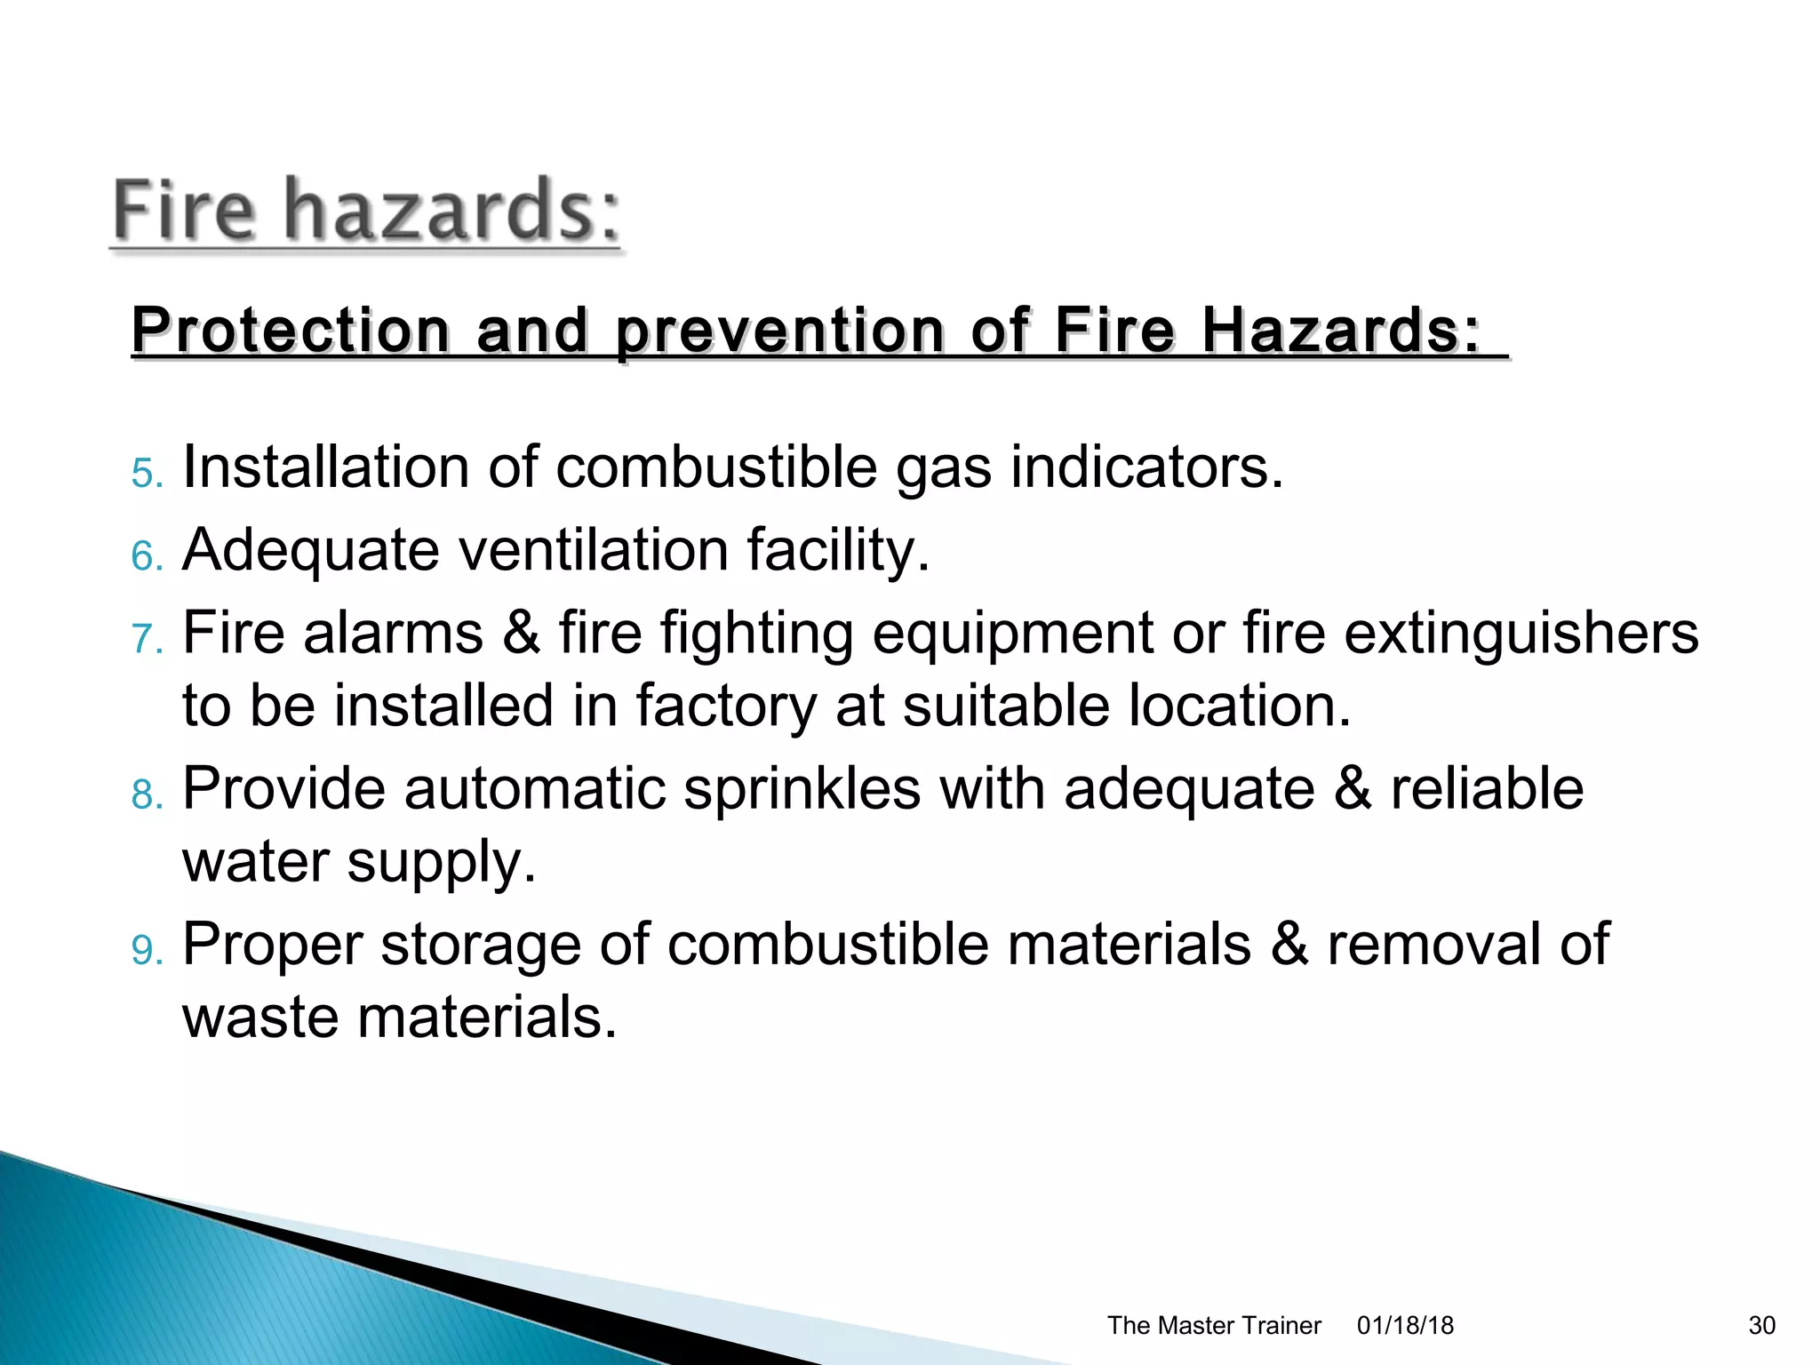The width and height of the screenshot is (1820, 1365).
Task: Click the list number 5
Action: pos(147,474)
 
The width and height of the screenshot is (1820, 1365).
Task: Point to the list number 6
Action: pos(147,557)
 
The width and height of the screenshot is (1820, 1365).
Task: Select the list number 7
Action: pos(147,639)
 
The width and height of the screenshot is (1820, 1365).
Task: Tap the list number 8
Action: pos(147,794)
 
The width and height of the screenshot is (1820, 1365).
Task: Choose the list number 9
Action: pos(147,950)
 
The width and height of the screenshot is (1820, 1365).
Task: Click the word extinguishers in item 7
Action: pos(1521,633)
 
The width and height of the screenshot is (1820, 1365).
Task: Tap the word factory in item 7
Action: pos(725,707)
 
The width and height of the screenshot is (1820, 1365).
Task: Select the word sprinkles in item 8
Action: pos(802,788)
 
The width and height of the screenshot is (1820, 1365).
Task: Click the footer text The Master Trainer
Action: pos(1213,1325)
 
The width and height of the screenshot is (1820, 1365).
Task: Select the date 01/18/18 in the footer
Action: pos(1405,1325)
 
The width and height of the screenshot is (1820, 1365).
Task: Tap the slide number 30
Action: pos(1761,1325)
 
